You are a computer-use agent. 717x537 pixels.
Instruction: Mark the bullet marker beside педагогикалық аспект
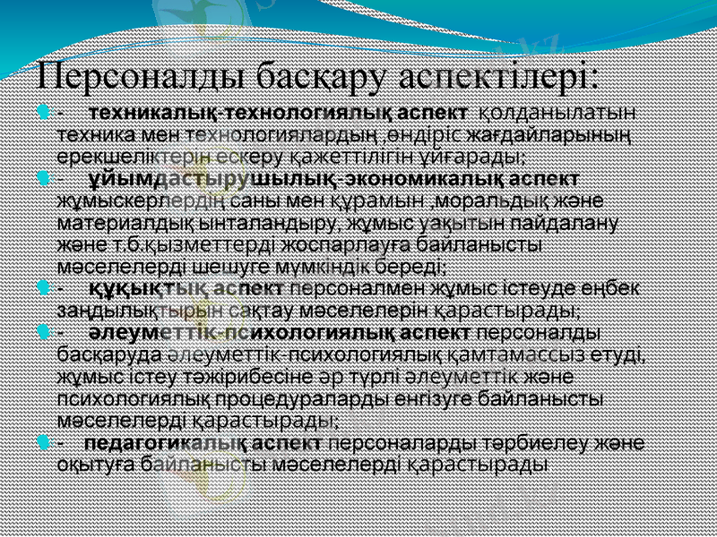click(44, 443)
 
